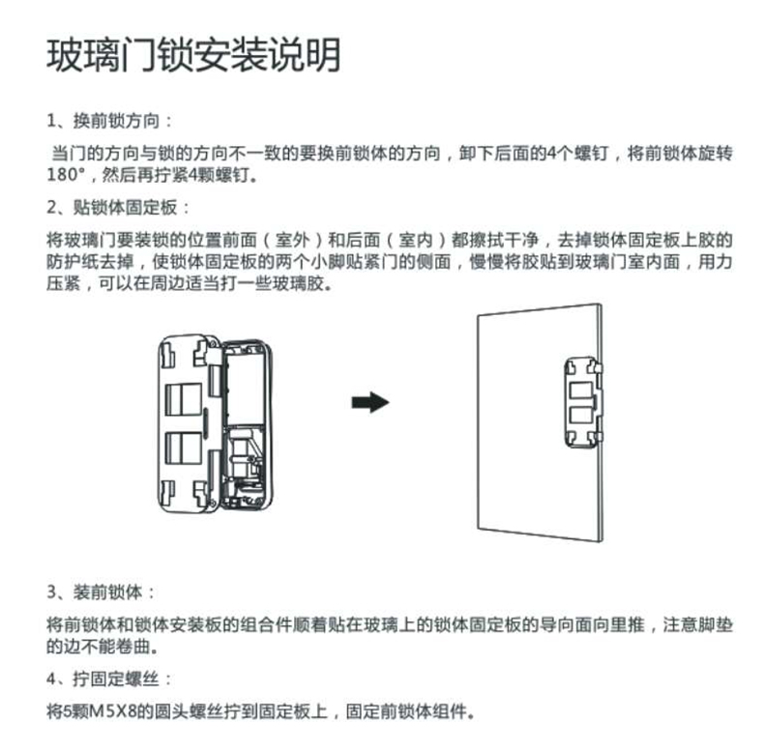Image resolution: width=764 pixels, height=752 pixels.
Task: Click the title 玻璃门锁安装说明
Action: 194,55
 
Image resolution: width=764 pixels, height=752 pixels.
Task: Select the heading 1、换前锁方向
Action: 109,123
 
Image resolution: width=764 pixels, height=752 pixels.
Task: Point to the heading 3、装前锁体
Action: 100,592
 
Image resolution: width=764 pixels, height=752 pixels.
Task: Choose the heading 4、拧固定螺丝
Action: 109,677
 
